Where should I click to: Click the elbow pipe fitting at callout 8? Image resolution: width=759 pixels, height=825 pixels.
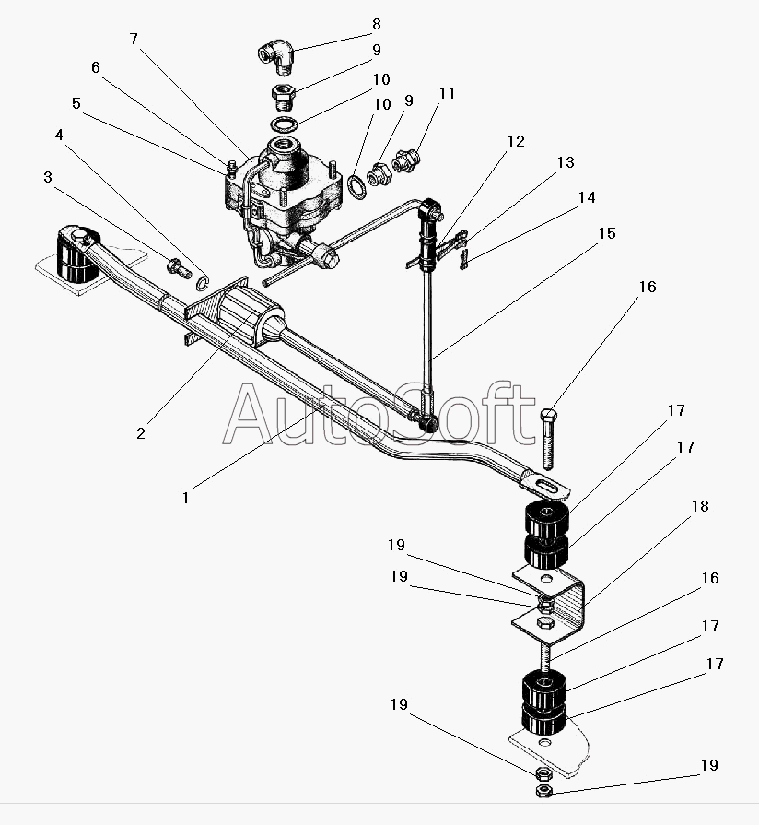(x=274, y=55)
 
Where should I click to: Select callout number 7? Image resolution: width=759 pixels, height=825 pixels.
(x=134, y=39)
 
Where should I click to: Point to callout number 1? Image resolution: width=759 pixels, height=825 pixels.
(x=185, y=498)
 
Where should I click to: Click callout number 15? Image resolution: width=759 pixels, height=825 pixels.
(x=607, y=233)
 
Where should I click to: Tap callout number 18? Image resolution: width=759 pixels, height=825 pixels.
(x=700, y=506)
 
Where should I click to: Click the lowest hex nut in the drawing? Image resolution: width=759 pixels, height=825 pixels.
(x=543, y=790)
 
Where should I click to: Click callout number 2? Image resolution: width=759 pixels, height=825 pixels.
(x=140, y=433)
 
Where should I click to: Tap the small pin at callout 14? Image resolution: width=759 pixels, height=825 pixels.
(x=463, y=260)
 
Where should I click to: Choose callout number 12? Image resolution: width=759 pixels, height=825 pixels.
(x=516, y=142)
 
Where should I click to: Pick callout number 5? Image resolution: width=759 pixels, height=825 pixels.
(x=76, y=103)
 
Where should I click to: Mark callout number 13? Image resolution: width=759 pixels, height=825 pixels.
(x=566, y=162)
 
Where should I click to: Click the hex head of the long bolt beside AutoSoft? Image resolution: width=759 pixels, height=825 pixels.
(x=548, y=415)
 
